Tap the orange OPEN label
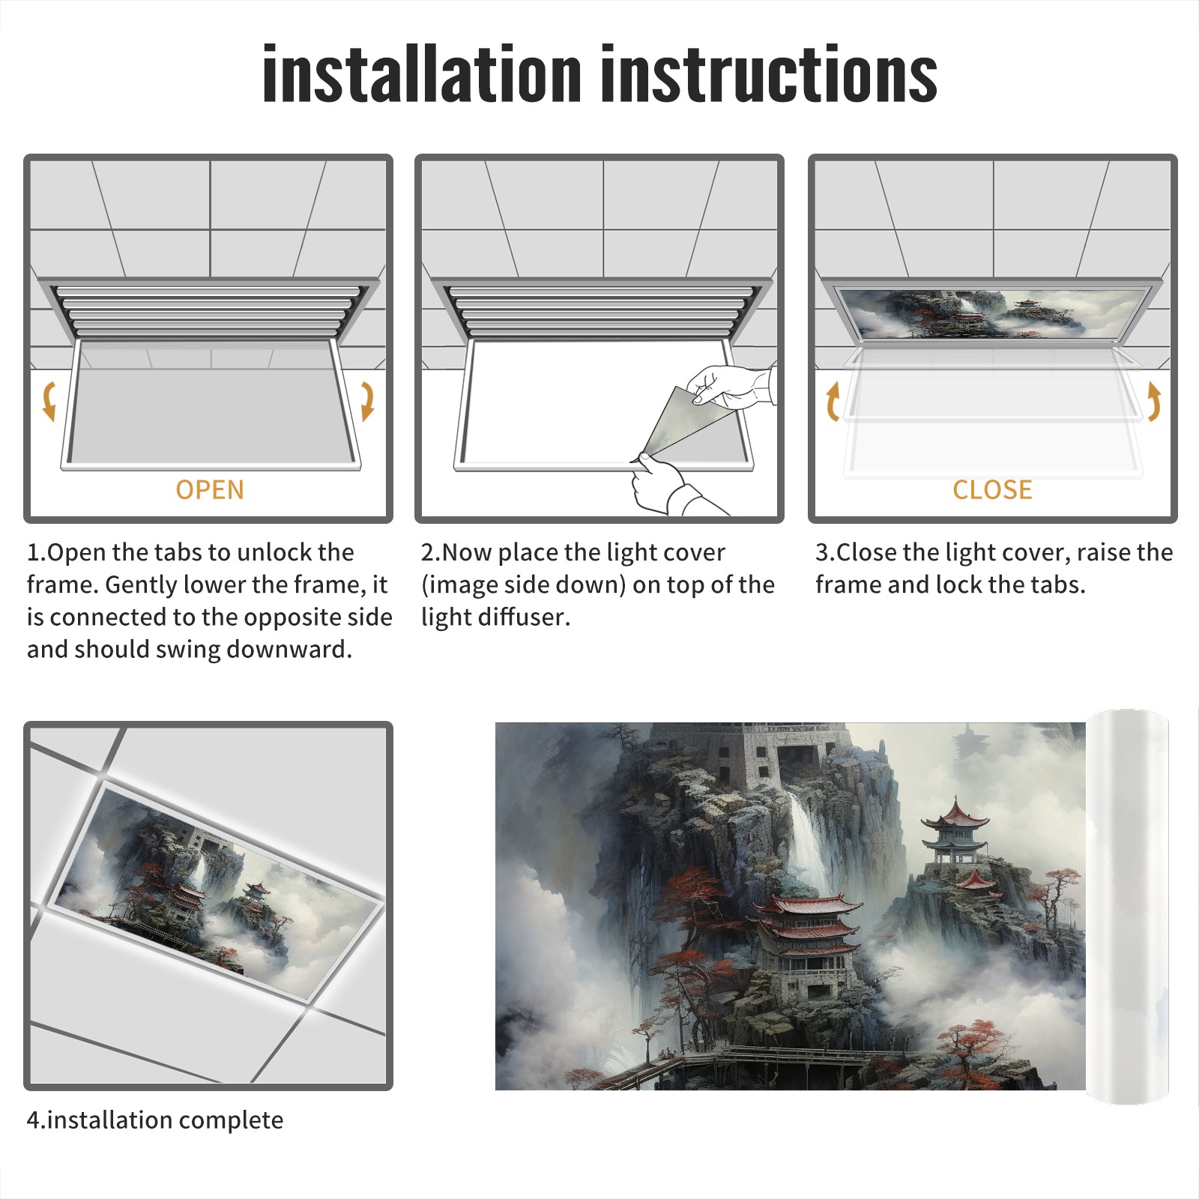click(210, 489)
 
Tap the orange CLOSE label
click(992, 489)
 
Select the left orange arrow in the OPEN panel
click(49, 401)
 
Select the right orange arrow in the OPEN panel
click(367, 401)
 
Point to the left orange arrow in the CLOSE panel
click(833, 401)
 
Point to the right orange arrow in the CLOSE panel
click(1154, 401)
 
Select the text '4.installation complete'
click(155, 1120)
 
